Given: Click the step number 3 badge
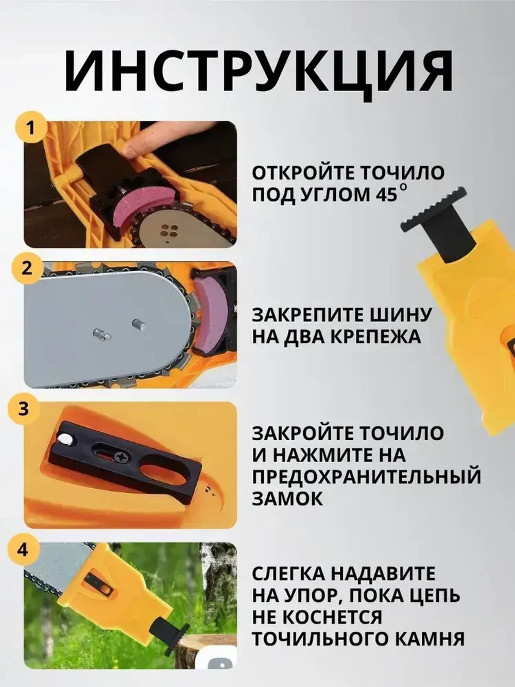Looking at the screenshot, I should tap(24, 409).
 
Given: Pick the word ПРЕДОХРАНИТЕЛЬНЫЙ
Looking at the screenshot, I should tap(366, 477).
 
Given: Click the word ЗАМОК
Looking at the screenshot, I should tap(287, 498).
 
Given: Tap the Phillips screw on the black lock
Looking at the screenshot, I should tap(122, 456).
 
